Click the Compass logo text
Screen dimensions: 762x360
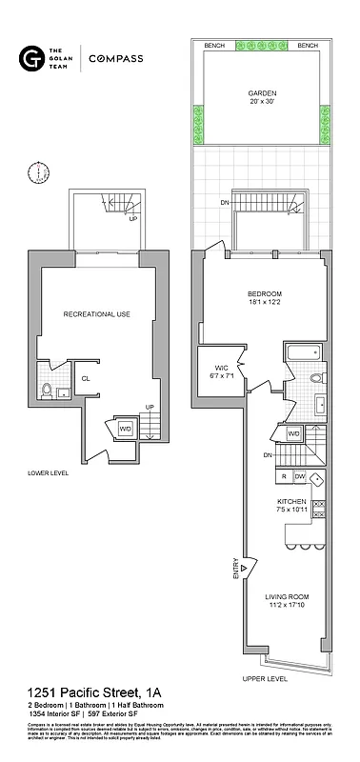pyautogui.click(x=115, y=59)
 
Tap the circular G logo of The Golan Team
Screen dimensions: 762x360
pyautogui.click(x=30, y=59)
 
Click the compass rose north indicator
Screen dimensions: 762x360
pyautogui.click(x=38, y=173)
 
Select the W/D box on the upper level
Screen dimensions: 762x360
pyautogui.click(x=294, y=434)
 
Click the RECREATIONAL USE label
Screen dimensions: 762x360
pyautogui.click(x=96, y=314)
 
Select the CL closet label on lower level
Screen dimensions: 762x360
pyautogui.click(x=86, y=378)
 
